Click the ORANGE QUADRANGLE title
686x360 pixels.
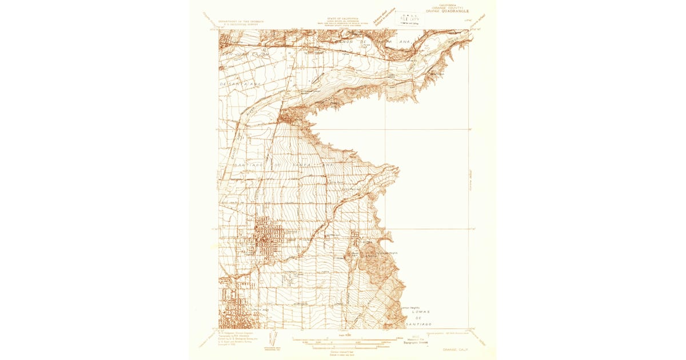pos(447,10)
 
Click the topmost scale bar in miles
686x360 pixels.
pos(337,339)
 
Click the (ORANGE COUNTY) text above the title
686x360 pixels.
pos(447,6)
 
